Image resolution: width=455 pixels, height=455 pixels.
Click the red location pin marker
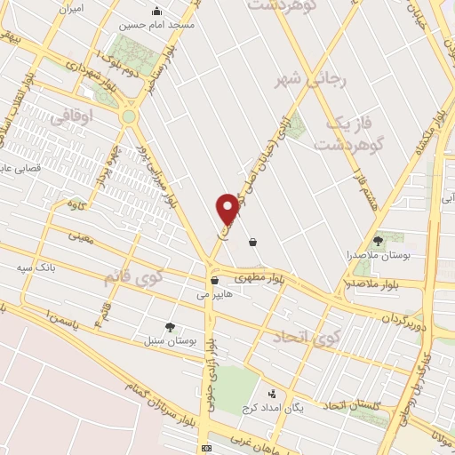[228, 207]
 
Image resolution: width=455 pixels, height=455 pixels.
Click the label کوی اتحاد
[307, 337]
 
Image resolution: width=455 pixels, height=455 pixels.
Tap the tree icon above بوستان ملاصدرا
[378, 240]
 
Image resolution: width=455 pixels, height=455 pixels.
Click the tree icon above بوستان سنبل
[170, 327]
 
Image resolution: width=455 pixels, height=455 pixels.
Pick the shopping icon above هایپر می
[214, 280]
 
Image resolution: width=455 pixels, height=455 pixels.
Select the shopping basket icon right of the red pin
[253, 242]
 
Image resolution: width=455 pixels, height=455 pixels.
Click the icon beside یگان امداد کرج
[273, 393]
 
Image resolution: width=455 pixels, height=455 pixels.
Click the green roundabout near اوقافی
[130, 116]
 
